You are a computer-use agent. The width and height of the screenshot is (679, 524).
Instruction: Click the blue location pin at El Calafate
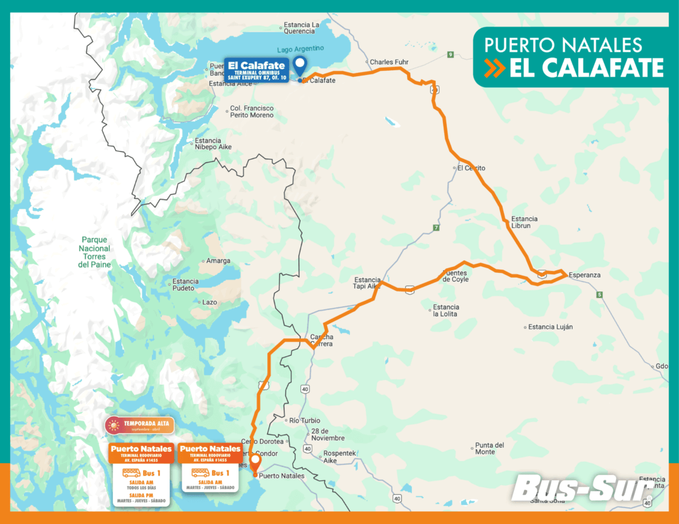pos(300,66)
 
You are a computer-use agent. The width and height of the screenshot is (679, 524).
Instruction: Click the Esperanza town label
pos(584,275)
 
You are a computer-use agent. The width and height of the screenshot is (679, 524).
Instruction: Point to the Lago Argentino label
pos(301,48)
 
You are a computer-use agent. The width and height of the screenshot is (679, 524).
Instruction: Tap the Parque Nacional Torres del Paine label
pos(93,252)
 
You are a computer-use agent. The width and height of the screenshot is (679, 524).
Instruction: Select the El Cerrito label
pos(471,168)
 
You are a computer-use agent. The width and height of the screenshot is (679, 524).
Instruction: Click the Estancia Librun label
pos(525,222)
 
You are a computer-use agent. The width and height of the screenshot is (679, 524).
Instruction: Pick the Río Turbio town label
pos(304,421)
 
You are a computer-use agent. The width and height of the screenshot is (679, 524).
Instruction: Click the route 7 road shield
pos(436,228)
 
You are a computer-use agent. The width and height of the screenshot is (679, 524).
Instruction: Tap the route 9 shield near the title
pos(450,54)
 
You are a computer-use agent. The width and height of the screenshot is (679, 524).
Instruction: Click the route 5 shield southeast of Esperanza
pos(599,294)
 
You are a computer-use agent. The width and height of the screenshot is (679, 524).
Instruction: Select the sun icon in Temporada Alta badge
pos(113,425)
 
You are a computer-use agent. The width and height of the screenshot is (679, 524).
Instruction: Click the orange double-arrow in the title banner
pos(495,68)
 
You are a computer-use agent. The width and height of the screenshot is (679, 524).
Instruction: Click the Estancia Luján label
pos(550,327)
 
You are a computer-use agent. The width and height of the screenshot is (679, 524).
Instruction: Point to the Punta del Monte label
pos(490,448)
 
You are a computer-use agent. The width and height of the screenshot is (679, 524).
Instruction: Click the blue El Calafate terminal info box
pos(256,70)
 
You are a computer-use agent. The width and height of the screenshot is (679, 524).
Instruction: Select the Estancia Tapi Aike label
pos(367,283)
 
